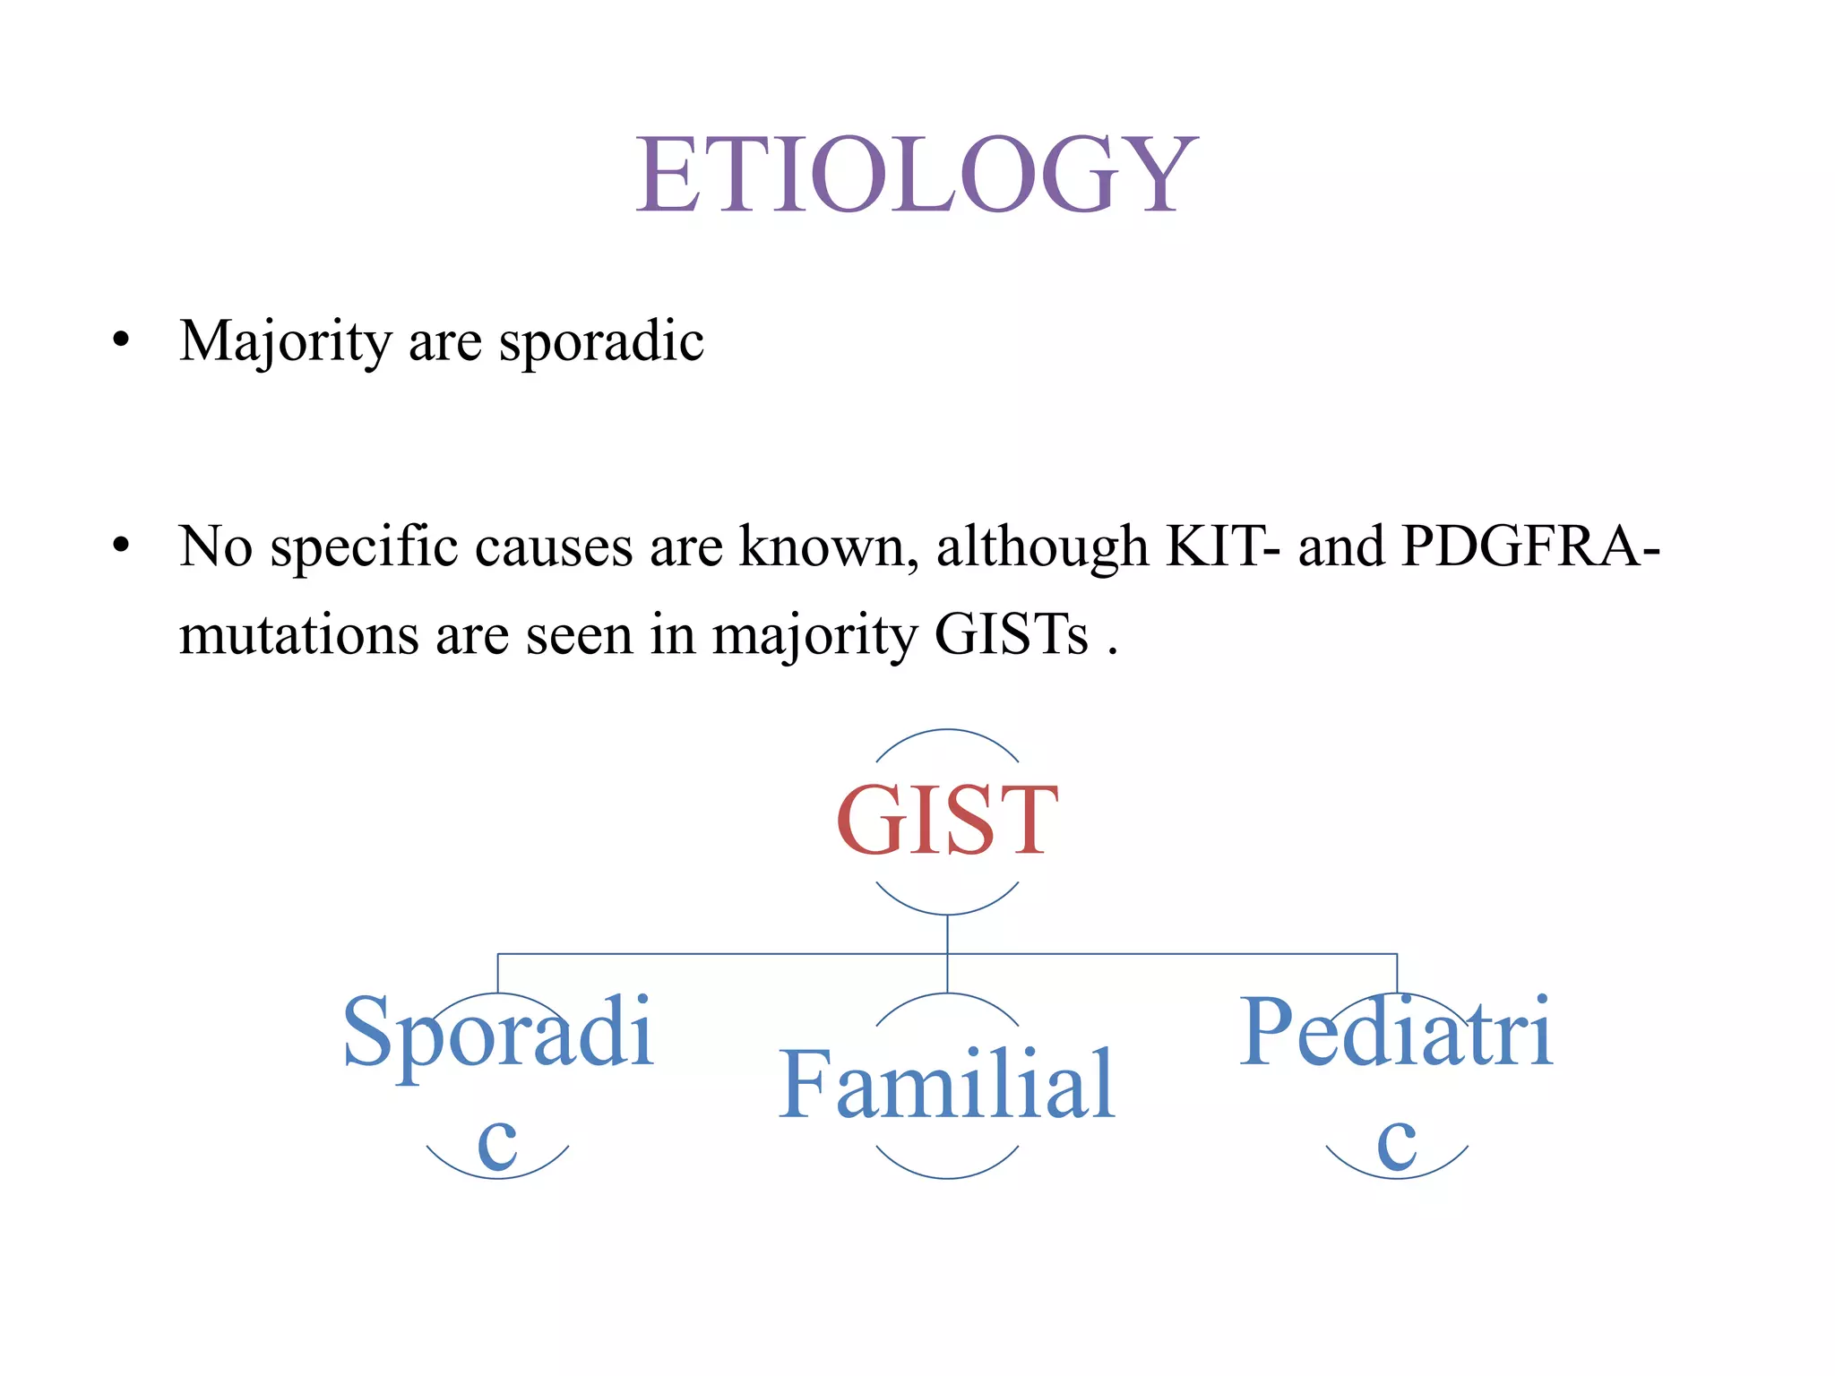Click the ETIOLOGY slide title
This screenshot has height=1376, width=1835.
click(x=916, y=174)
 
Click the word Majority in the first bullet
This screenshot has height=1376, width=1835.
click(x=285, y=342)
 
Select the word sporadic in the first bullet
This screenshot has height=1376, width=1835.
click(x=601, y=342)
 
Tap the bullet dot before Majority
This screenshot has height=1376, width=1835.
click(x=121, y=341)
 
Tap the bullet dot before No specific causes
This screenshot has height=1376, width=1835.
click(x=121, y=546)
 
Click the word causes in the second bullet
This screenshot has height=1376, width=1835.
click(x=554, y=546)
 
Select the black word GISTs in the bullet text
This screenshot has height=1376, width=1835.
click(x=1012, y=635)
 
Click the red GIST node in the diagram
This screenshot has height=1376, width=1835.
click(x=947, y=821)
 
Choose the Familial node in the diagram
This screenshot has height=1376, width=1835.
click(x=947, y=1085)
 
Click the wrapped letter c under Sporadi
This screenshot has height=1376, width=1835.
click(x=498, y=1144)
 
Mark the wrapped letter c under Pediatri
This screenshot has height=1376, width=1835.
click(x=1397, y=1144)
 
